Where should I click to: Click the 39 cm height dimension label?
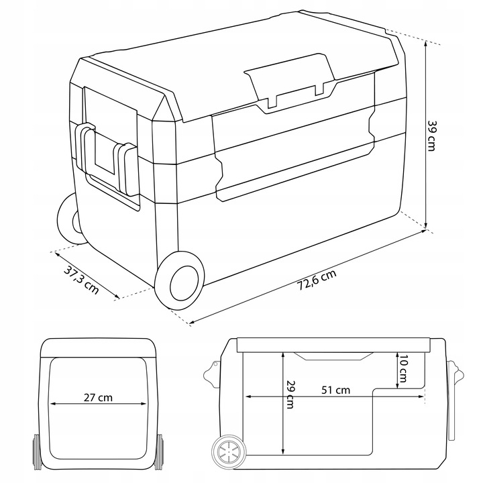(431, 136)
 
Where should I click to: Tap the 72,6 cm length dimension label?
(317, 280)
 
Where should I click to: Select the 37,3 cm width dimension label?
(81, 279)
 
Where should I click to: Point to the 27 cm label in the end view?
(98, 397)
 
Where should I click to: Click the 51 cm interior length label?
(336, 390)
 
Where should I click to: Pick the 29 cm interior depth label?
(290, 394)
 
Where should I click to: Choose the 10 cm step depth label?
(403, 368)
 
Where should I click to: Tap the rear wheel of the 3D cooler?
(70, 219)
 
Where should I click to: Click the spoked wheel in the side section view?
(229, 451)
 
